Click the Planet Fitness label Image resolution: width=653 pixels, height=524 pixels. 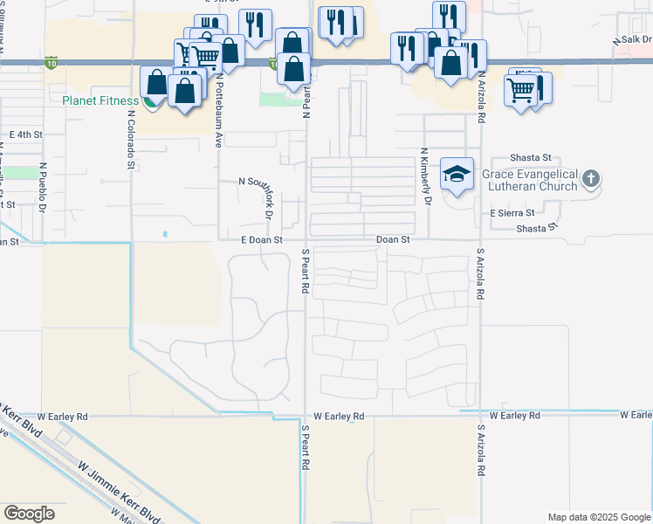100,100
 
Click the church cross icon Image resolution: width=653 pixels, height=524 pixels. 591,180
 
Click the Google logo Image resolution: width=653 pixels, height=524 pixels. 29,514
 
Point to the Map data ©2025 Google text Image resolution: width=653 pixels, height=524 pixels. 598,517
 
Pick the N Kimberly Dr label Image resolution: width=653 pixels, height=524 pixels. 428,176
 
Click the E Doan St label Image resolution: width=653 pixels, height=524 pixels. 264,239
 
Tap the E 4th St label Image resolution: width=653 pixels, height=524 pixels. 25,134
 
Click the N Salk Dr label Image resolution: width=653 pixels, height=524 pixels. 633,40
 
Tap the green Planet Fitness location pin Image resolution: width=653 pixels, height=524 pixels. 151,102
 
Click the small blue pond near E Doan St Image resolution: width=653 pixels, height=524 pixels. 165,233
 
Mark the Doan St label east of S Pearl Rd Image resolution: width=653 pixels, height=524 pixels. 393,239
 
